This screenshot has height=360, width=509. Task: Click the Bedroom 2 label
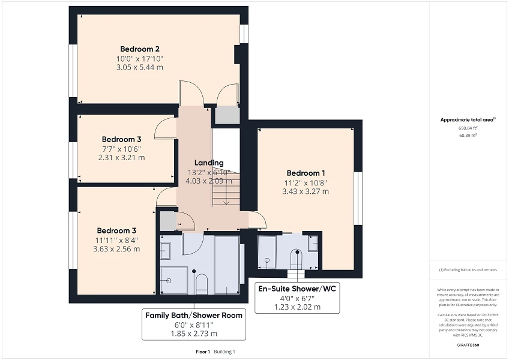click(139, 49)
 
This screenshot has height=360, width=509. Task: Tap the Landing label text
click(209, 163)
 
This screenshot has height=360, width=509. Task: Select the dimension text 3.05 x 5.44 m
click(139, 67)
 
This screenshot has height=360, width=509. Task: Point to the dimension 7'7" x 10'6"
click(121, 149)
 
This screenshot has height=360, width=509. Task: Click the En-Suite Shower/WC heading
click(297, 289)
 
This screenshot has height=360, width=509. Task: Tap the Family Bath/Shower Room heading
click(194, 315)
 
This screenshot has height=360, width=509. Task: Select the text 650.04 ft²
click(468, 128)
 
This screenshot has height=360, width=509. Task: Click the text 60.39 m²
click(468, 135)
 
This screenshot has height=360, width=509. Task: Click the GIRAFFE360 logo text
click(468, 345)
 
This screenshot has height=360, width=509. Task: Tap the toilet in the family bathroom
click(202, 283)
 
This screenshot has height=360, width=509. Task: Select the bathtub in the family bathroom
click(227, 264)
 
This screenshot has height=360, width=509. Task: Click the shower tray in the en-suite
click(267, 251)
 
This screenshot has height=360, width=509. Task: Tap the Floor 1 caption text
click(203, 352)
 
